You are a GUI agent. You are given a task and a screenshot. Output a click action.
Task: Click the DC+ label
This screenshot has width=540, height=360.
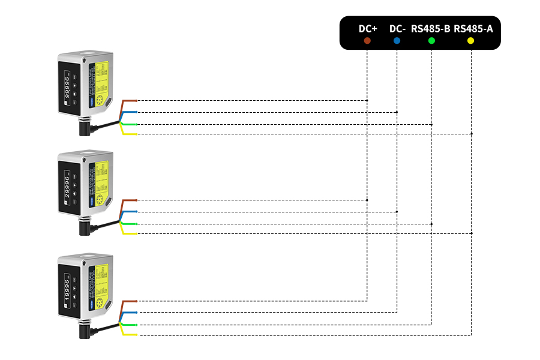click(x=368, y=28)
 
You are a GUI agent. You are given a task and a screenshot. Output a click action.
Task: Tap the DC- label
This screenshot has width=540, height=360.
click(x=397, y=28)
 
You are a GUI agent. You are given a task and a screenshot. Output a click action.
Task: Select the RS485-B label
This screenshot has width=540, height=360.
click(x=430, y=28)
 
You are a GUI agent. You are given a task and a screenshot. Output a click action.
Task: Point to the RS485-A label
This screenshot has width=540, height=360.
click(x=473, y=28)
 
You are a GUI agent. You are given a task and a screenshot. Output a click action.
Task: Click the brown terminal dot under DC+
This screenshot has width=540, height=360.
click(x=367, y=41)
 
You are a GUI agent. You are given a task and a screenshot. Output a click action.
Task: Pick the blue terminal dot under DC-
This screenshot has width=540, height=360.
click(x=397, y=41)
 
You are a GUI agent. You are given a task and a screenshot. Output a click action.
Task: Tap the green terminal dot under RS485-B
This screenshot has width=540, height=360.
click(x=431, y=41)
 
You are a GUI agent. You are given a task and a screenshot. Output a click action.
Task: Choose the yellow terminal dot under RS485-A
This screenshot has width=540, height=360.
click(x=471, y=41)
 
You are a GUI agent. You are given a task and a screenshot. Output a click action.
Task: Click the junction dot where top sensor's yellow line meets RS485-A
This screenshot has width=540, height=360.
click(x=472, y=134)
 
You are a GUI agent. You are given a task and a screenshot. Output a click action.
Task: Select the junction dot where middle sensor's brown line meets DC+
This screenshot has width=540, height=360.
click(x=367, y=200)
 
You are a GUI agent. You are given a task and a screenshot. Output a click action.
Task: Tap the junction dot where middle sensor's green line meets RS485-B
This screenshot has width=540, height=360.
click(x=431, y=224)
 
